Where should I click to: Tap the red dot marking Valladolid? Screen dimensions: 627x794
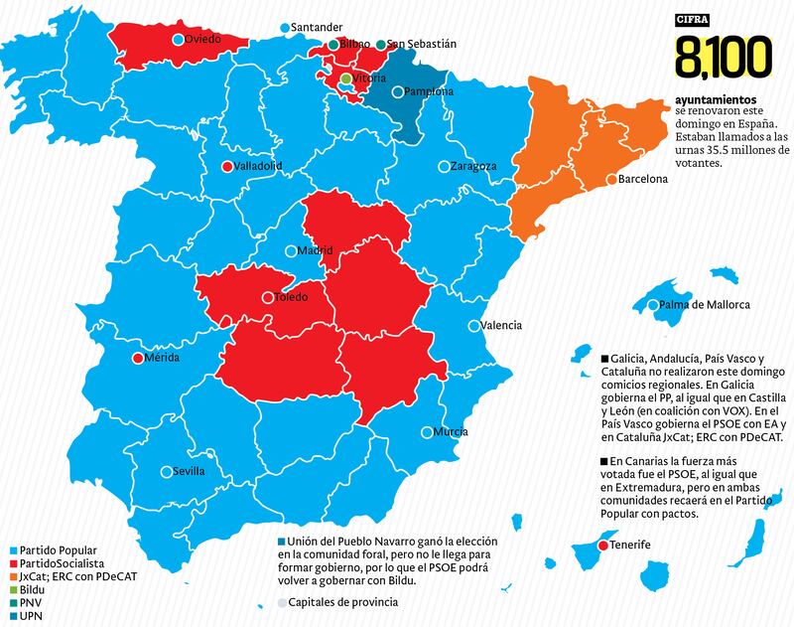tap(227, 166)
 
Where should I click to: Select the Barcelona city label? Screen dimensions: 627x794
tap(642, 180)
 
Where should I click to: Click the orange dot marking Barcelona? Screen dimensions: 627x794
tap(610, 180)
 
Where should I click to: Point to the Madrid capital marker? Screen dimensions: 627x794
tap(291, 251)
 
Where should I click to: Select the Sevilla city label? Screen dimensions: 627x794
tap(189, 472)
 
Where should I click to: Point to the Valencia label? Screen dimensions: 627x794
tap(500, 326)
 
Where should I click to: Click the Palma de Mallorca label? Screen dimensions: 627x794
tap(705, 305)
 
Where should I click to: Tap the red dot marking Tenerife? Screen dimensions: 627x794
tap(599, 546)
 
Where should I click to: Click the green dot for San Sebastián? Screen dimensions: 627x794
tap(380, 45)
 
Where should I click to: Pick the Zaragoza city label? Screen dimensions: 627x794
tap(472, 166)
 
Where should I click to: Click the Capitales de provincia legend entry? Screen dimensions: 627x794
tap(342, 601)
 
